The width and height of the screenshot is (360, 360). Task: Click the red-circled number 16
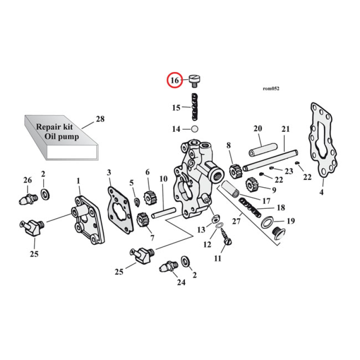(174, 81)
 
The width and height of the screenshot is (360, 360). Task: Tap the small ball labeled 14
(195, 129)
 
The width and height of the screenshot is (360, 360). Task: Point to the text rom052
(270, 89)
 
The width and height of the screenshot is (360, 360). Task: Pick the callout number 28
(100, 119)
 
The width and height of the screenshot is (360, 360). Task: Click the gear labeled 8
(236, 171)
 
